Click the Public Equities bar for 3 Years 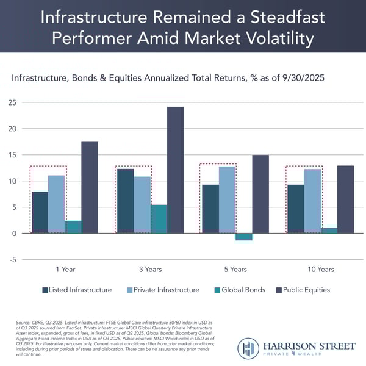(175, 170)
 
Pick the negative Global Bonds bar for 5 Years (243, 237)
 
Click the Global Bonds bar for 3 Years (159, 218)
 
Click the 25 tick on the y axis (12, 102)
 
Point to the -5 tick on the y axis (12, 260)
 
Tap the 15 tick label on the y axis (12, 155)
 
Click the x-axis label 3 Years (149, 269)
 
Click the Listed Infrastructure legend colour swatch (45, 290)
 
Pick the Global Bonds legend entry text (243, 290)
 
